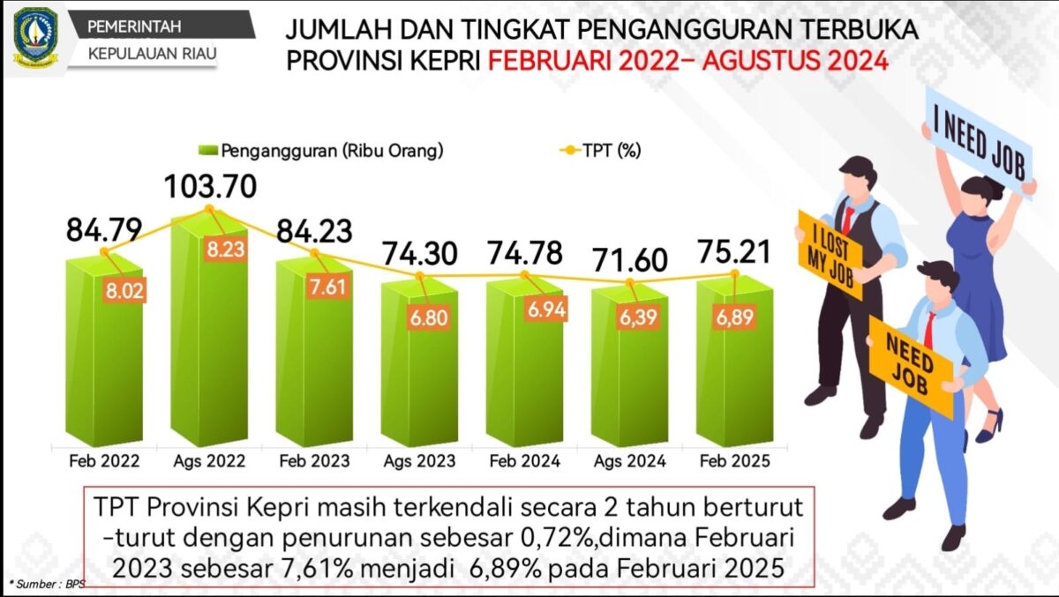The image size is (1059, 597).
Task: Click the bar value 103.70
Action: click(211, 187)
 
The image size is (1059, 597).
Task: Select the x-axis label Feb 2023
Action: click(314, 461)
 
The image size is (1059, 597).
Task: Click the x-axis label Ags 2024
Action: click(629, 461)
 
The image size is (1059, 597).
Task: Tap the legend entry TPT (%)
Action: click(610, 150)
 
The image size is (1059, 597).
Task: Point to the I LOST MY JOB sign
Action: click(830, 254)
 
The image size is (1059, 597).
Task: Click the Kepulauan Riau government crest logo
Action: click(36, 38)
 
